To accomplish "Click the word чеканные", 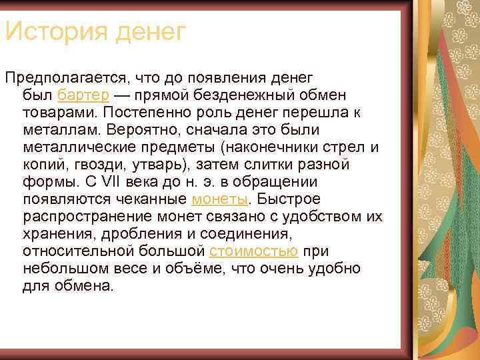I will tap(153, 199).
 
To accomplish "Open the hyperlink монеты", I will tap(219, 199).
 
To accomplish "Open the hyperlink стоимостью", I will tap(253, 251).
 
